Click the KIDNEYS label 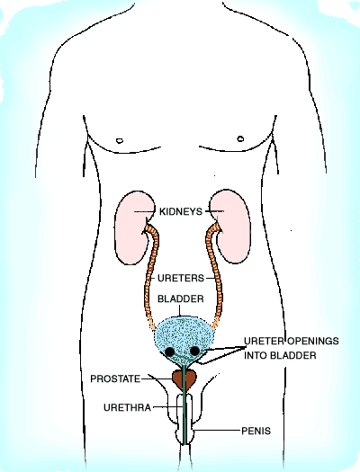tap(181, 211)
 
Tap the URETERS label tap(181, 278)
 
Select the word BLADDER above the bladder tap(181, 298)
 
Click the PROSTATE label tap(115, 378)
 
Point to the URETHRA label tap(127, 407)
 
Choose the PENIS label tap(256, 431)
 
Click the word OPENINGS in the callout tap(312, 341)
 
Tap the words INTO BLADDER tap(280, 355)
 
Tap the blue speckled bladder tap(184, 339)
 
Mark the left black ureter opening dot tap(170, 352)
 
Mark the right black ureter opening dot tap(194, 351)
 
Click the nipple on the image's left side tap(120, 140)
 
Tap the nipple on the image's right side tap(240, 138)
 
